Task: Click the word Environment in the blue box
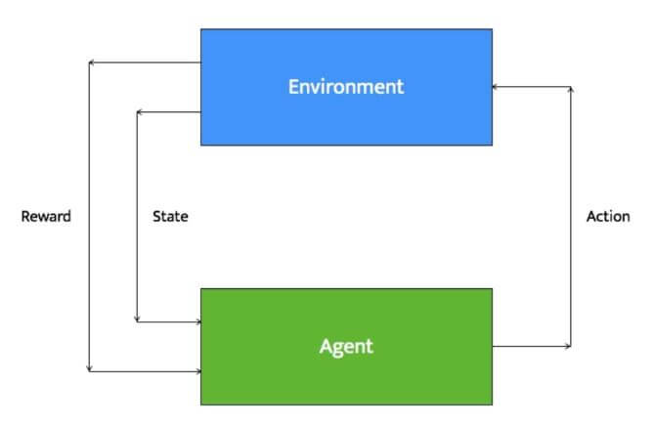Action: pos(346,87)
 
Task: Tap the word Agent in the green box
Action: pos(346,347)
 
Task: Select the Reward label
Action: pos(46,216)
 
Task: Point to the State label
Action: pos(170,216)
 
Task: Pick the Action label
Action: pos(608,216)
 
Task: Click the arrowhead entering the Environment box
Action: pos(495,87)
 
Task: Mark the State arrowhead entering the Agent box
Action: pos(198,321)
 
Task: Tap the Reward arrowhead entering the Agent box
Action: pos(198,371)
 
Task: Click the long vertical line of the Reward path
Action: pos(89,217)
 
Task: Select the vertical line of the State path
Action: pos(137,217)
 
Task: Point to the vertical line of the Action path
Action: pos(571,216)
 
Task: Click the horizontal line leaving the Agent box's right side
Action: pos(532,346)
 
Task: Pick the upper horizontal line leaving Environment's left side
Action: pos(145,63)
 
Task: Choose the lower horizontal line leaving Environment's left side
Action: pos(169,111)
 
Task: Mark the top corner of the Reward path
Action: pos(89,63)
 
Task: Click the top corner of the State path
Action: pos(137,111)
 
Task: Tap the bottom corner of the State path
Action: pos(137,321)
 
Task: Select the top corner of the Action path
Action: pos(571,87)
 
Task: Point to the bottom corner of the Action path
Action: pos(571,346)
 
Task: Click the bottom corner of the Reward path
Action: pos(89,371)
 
